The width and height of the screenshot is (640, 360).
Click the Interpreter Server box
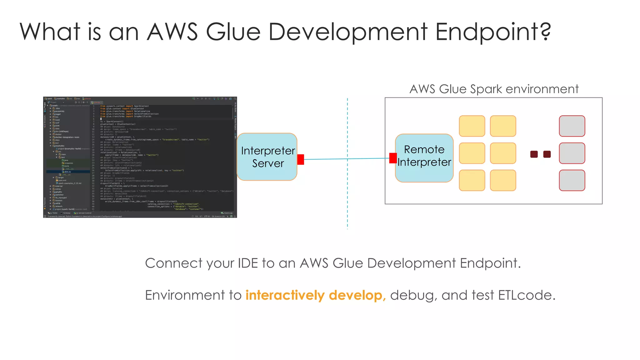267,157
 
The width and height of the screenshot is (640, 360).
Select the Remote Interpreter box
424,158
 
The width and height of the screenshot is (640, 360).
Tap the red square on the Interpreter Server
301,159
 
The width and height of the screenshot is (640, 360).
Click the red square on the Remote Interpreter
393,158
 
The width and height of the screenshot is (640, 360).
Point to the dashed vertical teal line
347,194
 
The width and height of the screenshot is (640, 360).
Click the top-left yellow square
472,126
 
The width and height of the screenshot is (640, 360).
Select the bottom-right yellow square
503,180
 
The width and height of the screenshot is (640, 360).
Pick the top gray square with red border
572,126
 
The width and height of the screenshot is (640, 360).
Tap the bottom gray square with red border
572,180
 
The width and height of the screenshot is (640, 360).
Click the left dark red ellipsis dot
534,154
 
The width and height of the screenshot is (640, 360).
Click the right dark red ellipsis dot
547,154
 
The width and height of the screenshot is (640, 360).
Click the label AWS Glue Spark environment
494,89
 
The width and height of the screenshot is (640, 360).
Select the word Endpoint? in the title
493,32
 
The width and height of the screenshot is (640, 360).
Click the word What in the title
50,32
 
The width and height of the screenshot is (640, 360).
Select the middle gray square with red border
572,153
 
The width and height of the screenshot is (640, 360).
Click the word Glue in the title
233,32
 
